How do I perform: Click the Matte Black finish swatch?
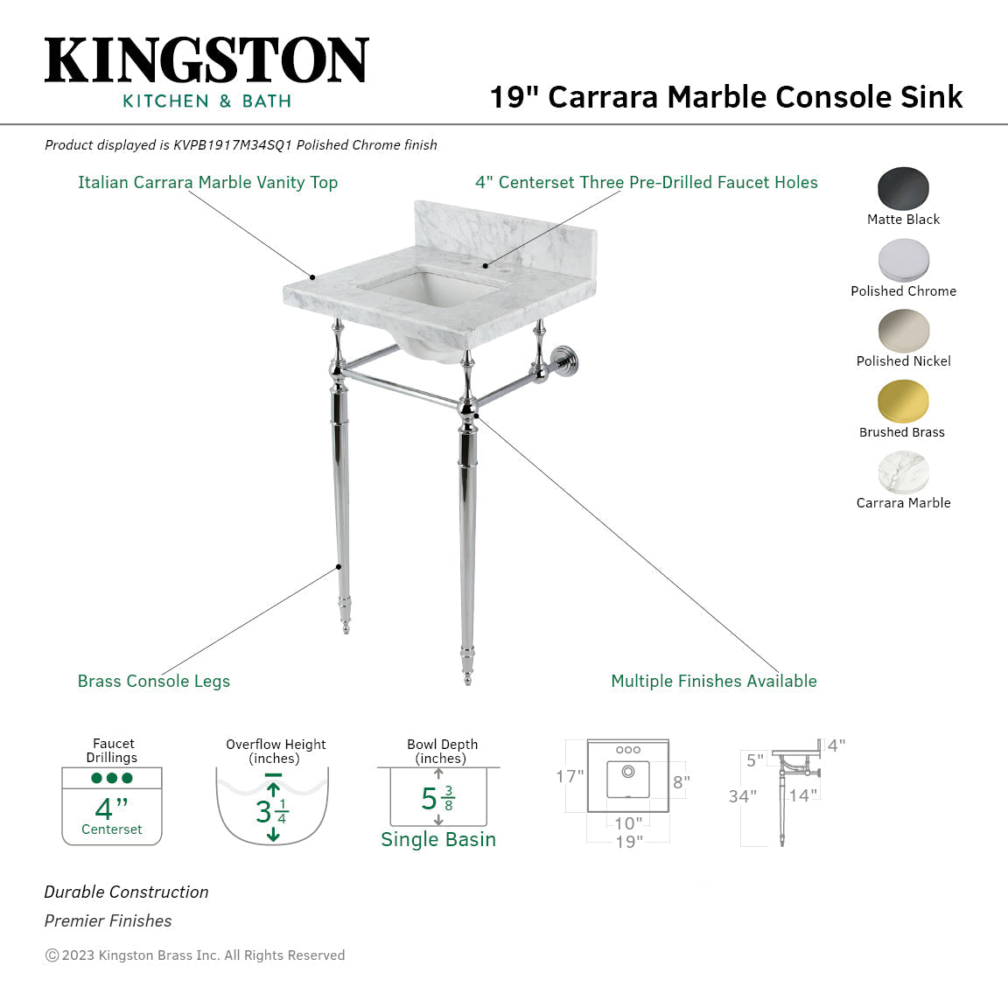pos(903,188)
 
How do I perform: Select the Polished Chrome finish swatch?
pos(903,260)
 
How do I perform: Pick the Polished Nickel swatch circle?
pos(903,331)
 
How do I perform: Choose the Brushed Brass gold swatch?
pos(903,402)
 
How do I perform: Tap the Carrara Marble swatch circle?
pos(903,472)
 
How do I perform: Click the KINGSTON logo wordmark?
pos(206,60)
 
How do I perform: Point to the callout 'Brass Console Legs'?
pos(154,681)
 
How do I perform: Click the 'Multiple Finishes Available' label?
pos(713,681)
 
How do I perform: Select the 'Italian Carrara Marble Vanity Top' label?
pos(207,182)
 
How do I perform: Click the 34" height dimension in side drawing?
pos(743,796)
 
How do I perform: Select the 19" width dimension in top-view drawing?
pos(628,842)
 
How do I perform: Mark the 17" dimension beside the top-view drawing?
pos(570,776)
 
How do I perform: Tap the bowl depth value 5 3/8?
pos(437,799)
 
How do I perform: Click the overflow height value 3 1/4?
pos(272,811)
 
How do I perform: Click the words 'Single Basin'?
pos(437,839)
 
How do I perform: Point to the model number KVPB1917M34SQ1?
pos(232,145)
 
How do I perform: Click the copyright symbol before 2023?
pos(52,955)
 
